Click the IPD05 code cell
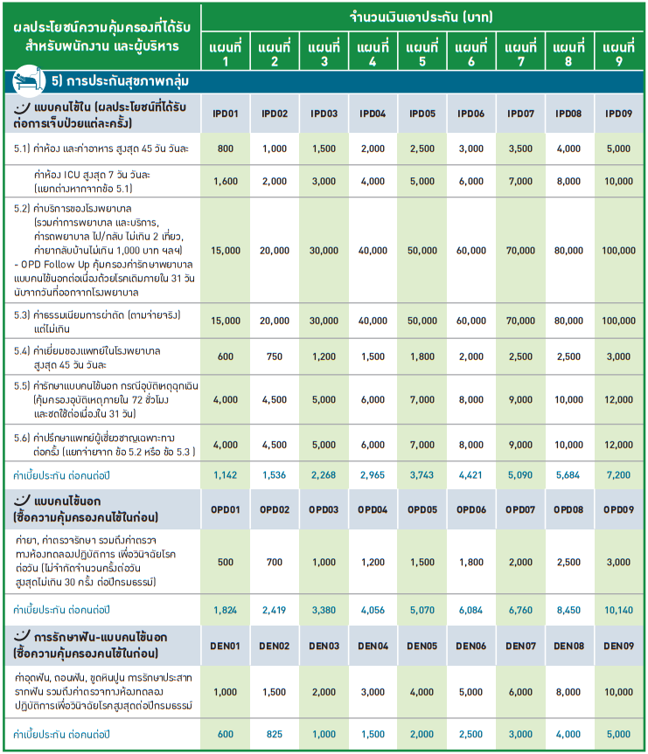coord(422,114)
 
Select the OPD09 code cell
coord(618,509)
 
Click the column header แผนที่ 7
coord(520,53)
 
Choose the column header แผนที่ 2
coord(275,53)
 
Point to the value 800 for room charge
coord(226,149)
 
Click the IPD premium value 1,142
coord(226,474)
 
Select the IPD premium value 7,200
coord(618,474)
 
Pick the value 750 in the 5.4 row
coord(275,356)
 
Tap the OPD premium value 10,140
coord(618,609)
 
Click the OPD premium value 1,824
coord(226,609)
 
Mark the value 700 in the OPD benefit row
coord(275,561)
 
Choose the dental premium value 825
coord(275,735)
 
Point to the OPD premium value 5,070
coord(422,609)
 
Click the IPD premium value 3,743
coord(422,474)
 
